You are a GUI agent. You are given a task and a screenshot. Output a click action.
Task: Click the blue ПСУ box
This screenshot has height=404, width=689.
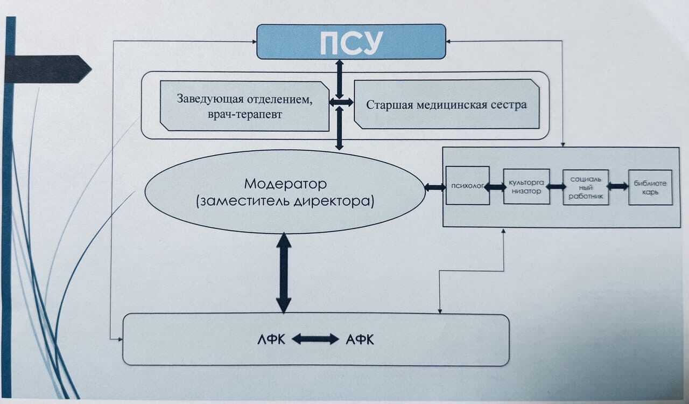click(x=351, y=41)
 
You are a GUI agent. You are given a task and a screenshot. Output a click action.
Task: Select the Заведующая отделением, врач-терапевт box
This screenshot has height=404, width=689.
click(x=245, y=106)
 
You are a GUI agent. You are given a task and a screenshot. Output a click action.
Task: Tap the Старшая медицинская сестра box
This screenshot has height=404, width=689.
click(x=446, y=105)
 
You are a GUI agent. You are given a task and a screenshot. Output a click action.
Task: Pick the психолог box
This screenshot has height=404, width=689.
click(x=467, y=185)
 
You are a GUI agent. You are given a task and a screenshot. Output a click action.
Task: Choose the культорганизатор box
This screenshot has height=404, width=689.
click(x=526, y=186)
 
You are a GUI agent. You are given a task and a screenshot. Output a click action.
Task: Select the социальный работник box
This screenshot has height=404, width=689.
click(x=586, y=186)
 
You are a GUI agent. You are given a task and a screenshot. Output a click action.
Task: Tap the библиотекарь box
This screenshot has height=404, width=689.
click(x=650, y=187)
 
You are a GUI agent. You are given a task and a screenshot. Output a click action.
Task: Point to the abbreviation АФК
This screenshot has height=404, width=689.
click(x=360, y=339)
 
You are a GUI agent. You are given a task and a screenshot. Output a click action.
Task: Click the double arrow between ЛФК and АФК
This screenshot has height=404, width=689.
click(x=315, y=339)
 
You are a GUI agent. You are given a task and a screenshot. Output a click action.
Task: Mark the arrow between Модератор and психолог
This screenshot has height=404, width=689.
click(x=434, y=187)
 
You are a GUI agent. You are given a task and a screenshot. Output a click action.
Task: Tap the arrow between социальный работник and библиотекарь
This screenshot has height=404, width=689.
click(x=618, y=186)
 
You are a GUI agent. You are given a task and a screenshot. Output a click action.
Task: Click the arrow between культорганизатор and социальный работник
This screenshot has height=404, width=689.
click(x=556, y=186)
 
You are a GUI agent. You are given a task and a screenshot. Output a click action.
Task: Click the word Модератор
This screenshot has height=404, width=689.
click(x=285, y=184)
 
